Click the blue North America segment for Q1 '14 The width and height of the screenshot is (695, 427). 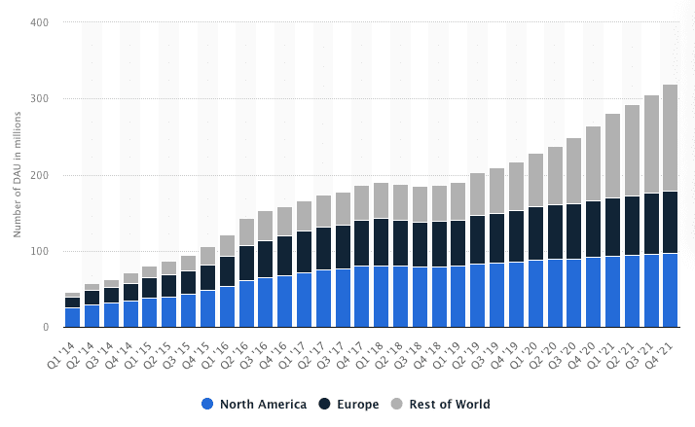click(73, 317)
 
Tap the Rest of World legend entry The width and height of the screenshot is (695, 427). click(447, 404)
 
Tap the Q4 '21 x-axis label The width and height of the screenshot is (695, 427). click(663, 344)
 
